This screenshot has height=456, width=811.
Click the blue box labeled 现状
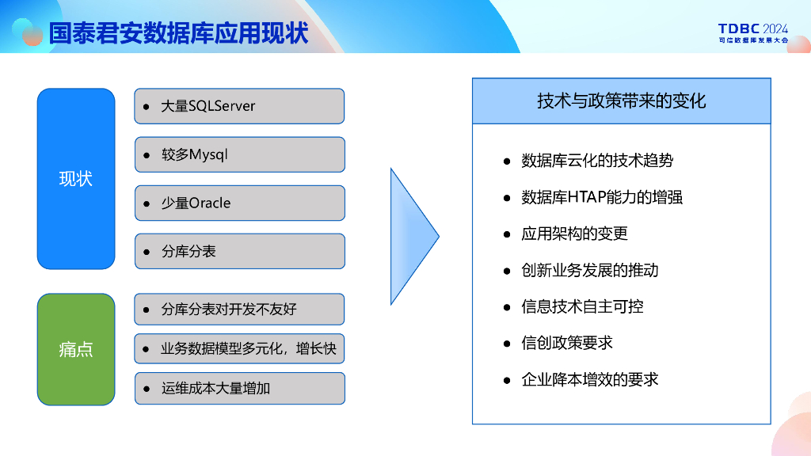(x=76, y=179)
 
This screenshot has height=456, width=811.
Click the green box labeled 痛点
(x=76, y=349)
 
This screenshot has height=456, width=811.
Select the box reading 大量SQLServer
(x=239, y=106)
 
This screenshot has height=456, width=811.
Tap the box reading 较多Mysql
(x=239, y=154)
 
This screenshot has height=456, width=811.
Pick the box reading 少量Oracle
(x=239, y=203)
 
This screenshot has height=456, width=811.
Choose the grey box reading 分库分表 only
(x=239, y=251)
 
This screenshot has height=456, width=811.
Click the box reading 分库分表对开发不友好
(x=239, y=310)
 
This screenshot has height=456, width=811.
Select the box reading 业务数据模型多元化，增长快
(x=239, y=348)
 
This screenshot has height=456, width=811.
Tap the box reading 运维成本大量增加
(x=239, y=388)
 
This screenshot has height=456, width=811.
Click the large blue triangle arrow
(x=411, y=236)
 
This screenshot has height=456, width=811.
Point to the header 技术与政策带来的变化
(x=621, y=101)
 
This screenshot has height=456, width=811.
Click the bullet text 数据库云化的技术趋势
(x=597, y=161)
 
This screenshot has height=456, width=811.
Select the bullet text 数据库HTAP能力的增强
(x=602, y=197)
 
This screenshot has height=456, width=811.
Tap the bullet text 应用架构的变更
(x=575, y=234)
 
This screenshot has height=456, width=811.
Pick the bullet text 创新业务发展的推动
(x=589, y=271)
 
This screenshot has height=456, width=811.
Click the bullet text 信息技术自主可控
(x=582, y=306)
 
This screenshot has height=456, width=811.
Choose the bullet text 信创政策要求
(x=567, y=343)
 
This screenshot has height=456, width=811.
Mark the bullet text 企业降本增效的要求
(x=589, y=379)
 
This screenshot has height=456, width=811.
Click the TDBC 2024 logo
(x=753, y=32)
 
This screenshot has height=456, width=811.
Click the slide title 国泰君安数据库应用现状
(x=178, y=33)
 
